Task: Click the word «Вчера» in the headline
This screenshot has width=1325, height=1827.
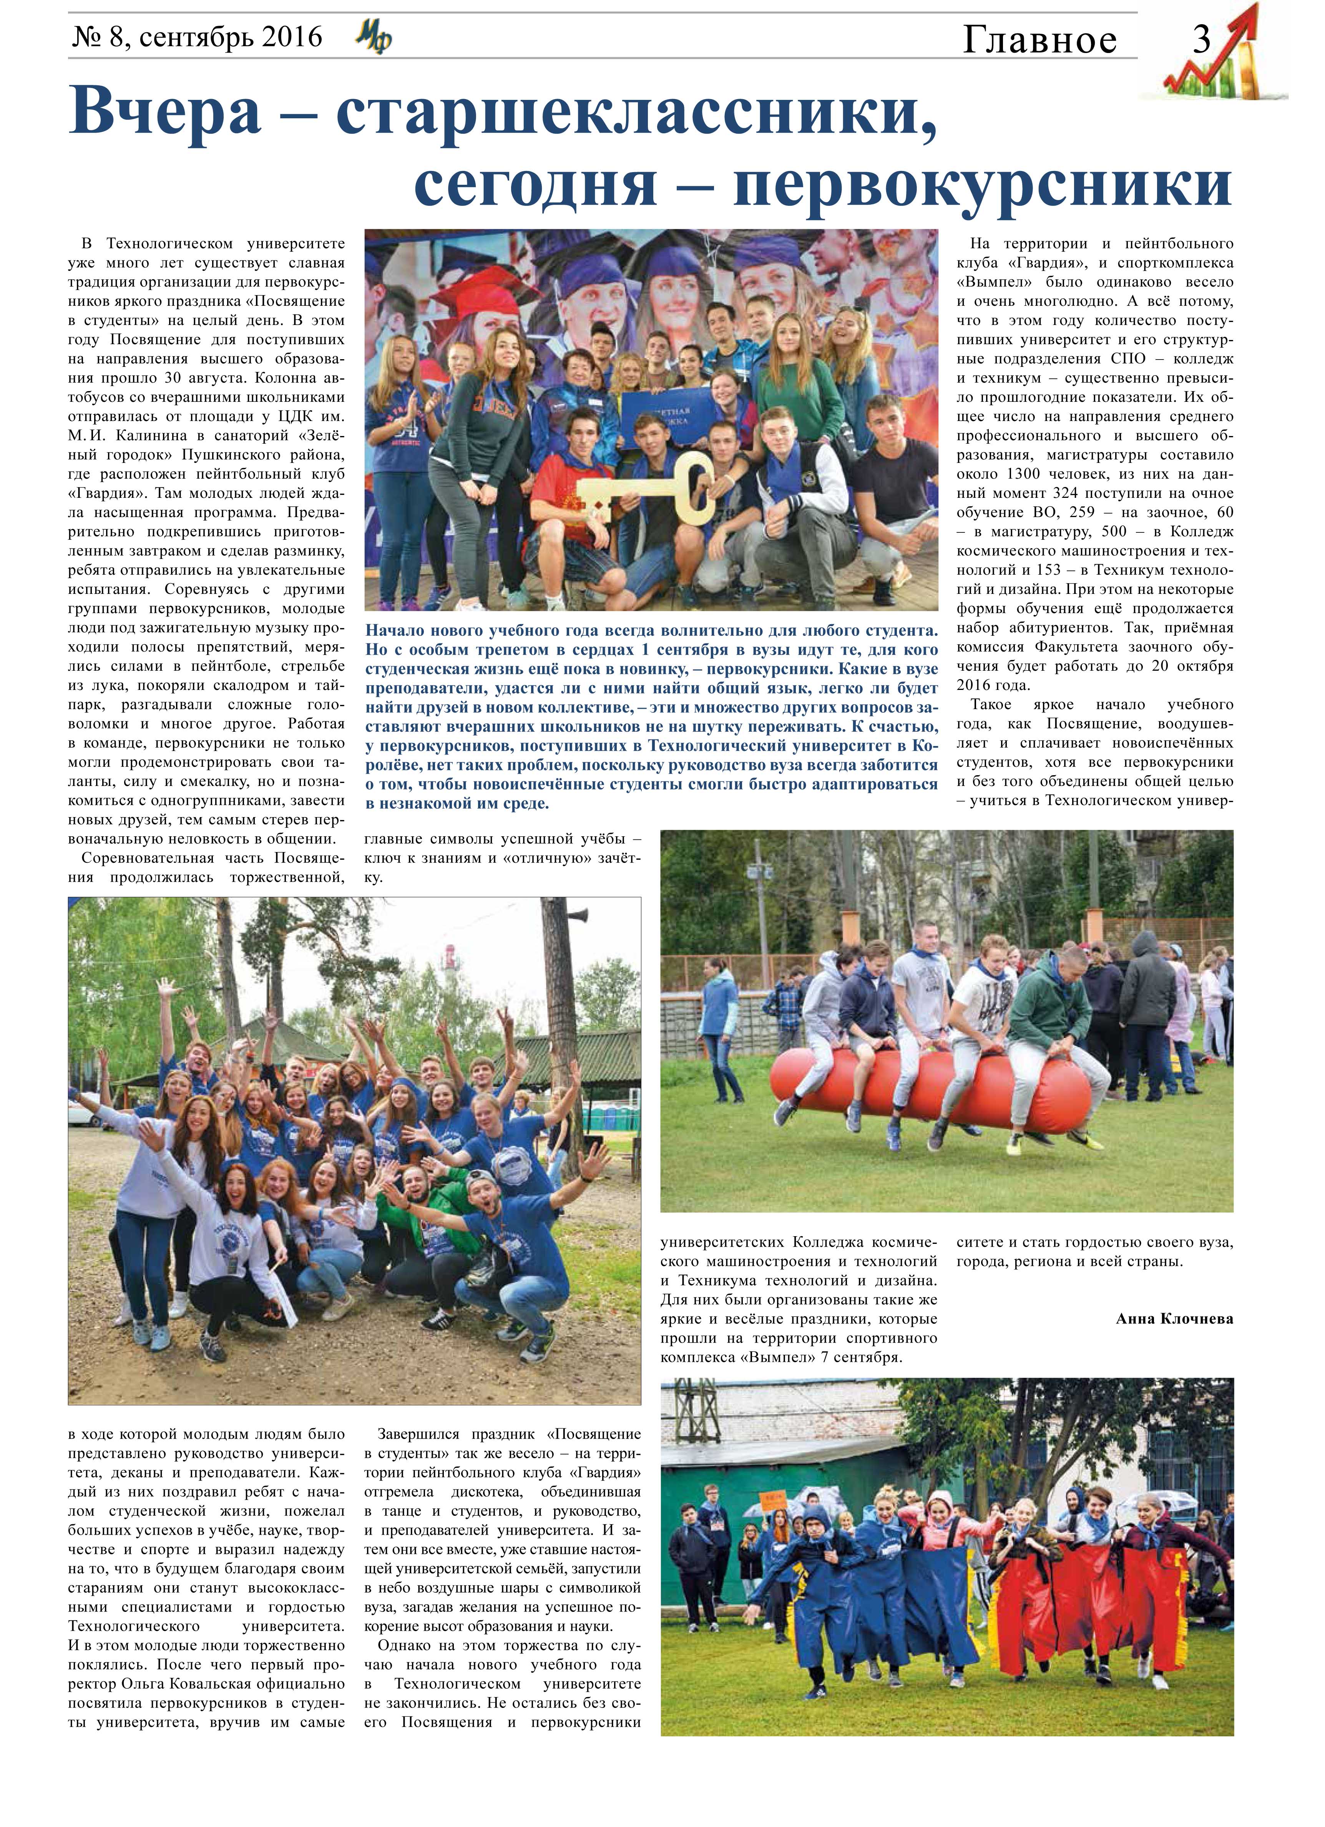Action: (165, 112)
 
